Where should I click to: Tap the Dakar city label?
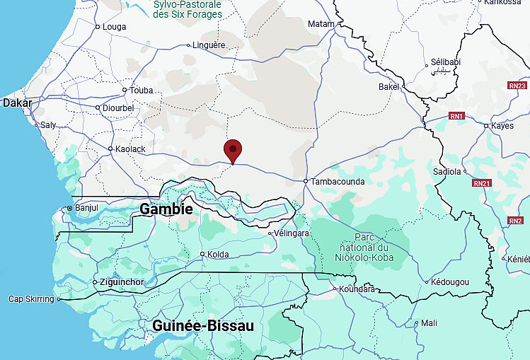(17, 103)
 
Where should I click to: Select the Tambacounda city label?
(338, 182)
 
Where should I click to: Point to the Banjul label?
(86, 208)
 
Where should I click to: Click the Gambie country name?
(166, 209)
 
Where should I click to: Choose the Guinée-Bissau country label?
(203, 326)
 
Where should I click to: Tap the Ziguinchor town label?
(122, 283)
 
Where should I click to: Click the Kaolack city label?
(130, 149)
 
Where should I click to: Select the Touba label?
(142, 91)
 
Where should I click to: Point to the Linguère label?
(209, 45)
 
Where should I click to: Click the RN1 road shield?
(456, 116)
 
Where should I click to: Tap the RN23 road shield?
(517, 86)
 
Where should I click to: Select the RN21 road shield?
(482, 183)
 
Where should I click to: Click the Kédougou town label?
(451, 282)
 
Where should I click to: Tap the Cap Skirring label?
(31, 299)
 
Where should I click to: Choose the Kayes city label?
(503, 126)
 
